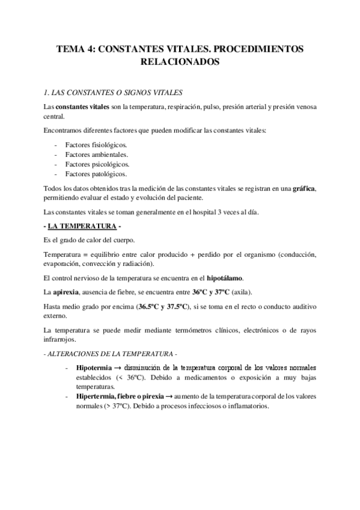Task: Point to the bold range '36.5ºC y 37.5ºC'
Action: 162,307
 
